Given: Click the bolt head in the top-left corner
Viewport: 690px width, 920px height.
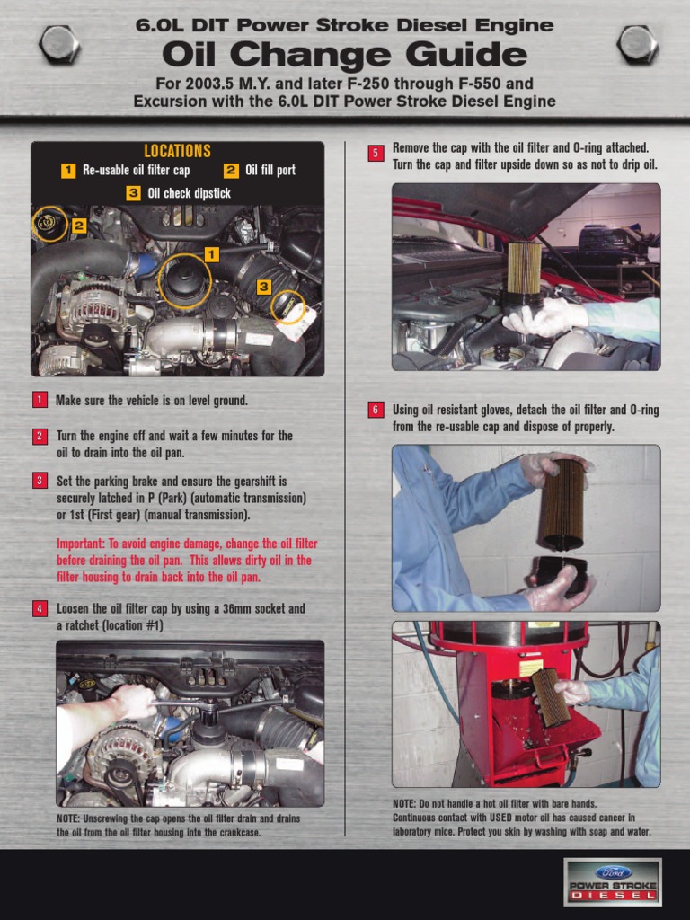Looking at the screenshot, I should point(60,44).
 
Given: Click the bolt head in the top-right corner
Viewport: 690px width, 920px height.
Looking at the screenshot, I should point(638,44).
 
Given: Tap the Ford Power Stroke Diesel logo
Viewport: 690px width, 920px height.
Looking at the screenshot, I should point(612,881).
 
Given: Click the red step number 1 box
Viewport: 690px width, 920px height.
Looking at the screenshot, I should point(40,401).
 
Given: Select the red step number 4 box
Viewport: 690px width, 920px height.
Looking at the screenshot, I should point(40,608).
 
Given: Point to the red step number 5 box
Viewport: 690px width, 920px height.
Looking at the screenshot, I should point(376,153).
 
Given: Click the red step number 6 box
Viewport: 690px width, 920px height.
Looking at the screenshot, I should point(376,410).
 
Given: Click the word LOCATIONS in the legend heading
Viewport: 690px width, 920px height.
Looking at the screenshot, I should point(177,151).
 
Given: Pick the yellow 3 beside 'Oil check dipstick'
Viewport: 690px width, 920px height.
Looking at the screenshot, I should point(133,193).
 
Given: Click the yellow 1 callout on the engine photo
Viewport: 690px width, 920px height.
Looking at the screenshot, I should point(211,254).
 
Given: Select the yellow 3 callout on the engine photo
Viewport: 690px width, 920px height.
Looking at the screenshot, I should point(263,287).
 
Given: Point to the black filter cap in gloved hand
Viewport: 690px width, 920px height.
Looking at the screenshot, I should point(562,576).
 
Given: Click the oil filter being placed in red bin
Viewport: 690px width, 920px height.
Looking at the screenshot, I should point(551,696).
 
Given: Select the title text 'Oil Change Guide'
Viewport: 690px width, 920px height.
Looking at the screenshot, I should point(344,56).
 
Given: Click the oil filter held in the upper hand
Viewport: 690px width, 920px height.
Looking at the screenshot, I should point(562,503).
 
